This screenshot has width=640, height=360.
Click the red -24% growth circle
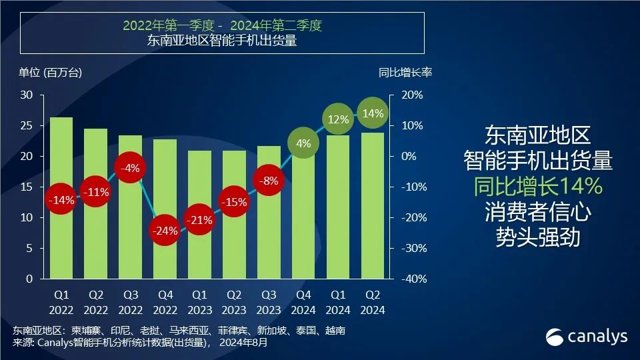[x=165, y=231]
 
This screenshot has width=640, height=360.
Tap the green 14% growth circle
[x=373, y=114]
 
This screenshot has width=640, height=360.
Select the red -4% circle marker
[x=130, y=169]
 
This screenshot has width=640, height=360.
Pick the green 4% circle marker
[x=303, y=143]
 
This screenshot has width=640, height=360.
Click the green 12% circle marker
[x=338, y=120]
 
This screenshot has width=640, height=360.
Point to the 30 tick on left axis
[x=27, y=95]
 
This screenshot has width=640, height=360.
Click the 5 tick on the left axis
[x=30, y=249]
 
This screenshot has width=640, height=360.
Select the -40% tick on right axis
[x=412, y=279]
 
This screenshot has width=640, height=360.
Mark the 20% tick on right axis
[x=412, y=95]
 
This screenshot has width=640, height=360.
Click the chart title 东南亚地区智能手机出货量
[x=221, y=41]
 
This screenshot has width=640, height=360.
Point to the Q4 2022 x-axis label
[x=165, y=302]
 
